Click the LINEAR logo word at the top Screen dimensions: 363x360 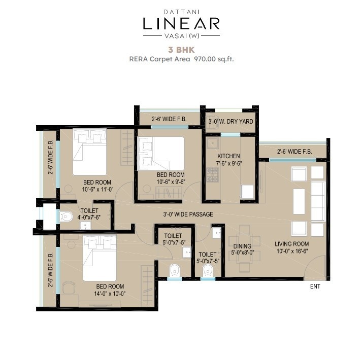[181, 23]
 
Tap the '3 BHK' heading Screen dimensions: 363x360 [181, 50]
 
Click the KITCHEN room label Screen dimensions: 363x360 [228, 156]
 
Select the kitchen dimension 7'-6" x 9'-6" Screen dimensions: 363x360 [229, 163]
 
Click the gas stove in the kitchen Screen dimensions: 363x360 [213, 175]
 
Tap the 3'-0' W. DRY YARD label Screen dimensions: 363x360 [230, 121]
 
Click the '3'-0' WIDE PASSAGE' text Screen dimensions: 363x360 [188, 214]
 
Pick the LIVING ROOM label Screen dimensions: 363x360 [292, 244]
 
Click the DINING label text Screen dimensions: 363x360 [242, 246]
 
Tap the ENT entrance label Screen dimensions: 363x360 [315, 286]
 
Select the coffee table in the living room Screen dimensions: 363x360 [299, 201]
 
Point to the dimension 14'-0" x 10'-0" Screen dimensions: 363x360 [110, 294]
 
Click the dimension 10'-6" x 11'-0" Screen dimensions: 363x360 [97, 189]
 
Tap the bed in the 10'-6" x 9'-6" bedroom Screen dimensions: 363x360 [160, 154]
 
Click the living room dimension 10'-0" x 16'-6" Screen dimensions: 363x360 [292, 251]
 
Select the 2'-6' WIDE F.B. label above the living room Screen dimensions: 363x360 [294, 152]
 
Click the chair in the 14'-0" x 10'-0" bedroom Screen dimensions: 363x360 [69, 287]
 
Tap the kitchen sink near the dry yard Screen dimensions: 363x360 [213, 143]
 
